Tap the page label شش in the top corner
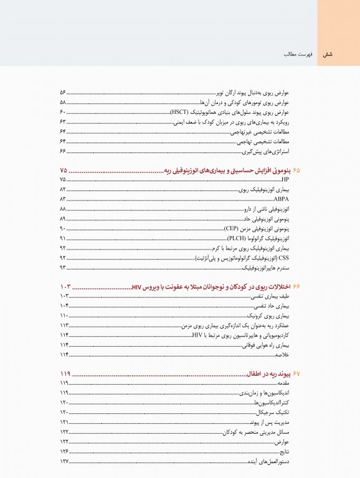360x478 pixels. point(328,55)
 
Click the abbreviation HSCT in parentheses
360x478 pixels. point(182,112)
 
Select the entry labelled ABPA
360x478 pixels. point(283,199)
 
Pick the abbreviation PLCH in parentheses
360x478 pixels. point(237,238)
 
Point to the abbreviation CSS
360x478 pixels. point(285,258)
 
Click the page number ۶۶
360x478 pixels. point(63,151)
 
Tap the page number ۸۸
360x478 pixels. point(63,209)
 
